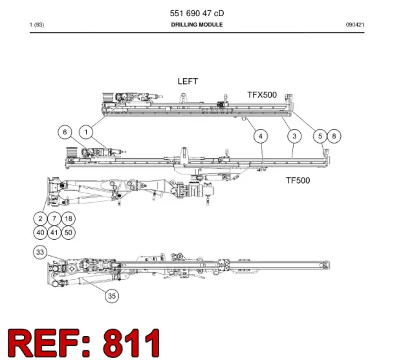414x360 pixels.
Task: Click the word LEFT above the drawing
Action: [188, 81]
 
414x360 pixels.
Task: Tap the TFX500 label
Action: [262, 95]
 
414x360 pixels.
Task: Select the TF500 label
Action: [298, 180]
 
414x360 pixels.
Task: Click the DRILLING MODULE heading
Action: [197, 25]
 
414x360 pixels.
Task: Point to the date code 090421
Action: [355, 25]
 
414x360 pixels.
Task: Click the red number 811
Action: [131, 343]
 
